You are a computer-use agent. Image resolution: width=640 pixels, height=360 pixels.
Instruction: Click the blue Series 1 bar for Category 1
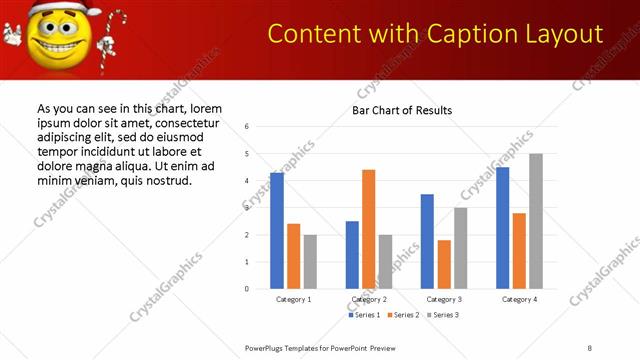click(277, 231)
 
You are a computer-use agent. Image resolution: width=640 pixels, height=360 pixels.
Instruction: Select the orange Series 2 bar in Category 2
click(369, 229)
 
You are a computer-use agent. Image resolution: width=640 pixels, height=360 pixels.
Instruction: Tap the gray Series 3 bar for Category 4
click(536, 221)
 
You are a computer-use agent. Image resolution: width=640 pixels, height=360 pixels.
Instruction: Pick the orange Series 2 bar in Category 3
click(444, 264)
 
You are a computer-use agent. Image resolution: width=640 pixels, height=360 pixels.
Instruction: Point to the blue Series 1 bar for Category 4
click(502, 228)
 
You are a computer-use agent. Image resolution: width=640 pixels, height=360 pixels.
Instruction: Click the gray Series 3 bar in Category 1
click(310, 262)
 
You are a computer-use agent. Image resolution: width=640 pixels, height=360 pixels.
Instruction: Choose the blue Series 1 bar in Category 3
click(427, 241)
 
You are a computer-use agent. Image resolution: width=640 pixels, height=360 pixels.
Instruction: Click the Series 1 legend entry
click(364, 315)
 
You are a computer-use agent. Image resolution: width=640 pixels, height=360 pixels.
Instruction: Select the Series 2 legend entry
click(403, 315)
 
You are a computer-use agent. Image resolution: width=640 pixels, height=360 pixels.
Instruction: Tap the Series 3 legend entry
click(442, 315)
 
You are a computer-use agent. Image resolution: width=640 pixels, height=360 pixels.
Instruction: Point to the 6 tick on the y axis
click(246, 127)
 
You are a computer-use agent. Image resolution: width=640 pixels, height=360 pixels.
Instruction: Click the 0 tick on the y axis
click(246, 289)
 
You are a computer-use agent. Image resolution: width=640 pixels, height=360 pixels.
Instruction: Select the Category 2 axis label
click(369, 299)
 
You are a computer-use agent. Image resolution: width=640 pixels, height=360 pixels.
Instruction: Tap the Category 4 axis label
click(519, 299)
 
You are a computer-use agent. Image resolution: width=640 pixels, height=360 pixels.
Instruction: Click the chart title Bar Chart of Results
click(402, 110)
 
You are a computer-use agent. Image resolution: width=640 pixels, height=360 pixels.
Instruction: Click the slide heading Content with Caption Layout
click(436, 35)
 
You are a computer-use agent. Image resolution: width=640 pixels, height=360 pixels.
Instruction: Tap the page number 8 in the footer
click(590, 347)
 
